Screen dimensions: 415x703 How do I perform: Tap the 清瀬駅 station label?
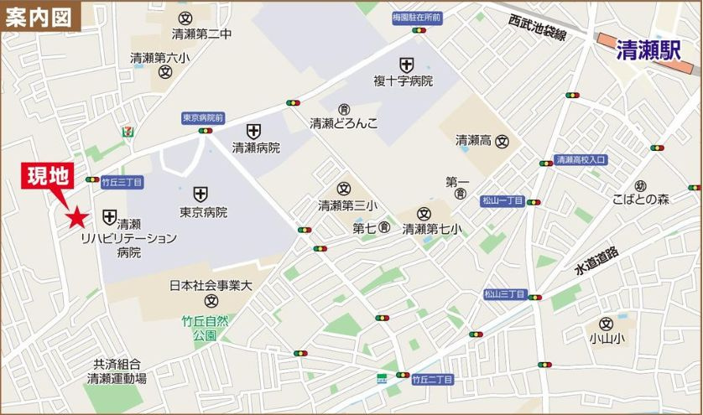[x=647, y=50]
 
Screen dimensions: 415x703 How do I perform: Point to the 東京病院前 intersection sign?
[x=203, y=120]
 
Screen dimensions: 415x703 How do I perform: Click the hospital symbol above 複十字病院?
[x=406, y=65]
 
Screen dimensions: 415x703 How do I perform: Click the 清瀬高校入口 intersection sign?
[x=581, y=159]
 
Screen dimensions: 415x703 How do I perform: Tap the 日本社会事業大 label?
[x=211, y=285]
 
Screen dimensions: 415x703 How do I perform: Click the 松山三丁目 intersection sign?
[x=503, y=294]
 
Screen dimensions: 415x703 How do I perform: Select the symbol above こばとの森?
[x=640, y=185]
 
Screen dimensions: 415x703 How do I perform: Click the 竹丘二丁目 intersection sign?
[x=432, y=380]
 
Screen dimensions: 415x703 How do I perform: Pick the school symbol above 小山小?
[x=607, y=324]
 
